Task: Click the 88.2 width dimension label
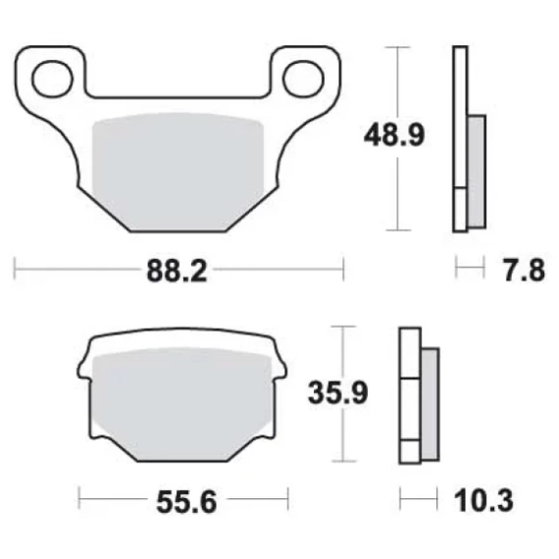point(177,271)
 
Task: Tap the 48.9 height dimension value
point(394,135)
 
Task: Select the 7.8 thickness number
point(525,271)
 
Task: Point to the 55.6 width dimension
point(186,502)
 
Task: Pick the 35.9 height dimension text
point(337,393)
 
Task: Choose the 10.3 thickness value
point(483,500)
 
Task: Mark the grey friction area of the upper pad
point(178,172)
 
